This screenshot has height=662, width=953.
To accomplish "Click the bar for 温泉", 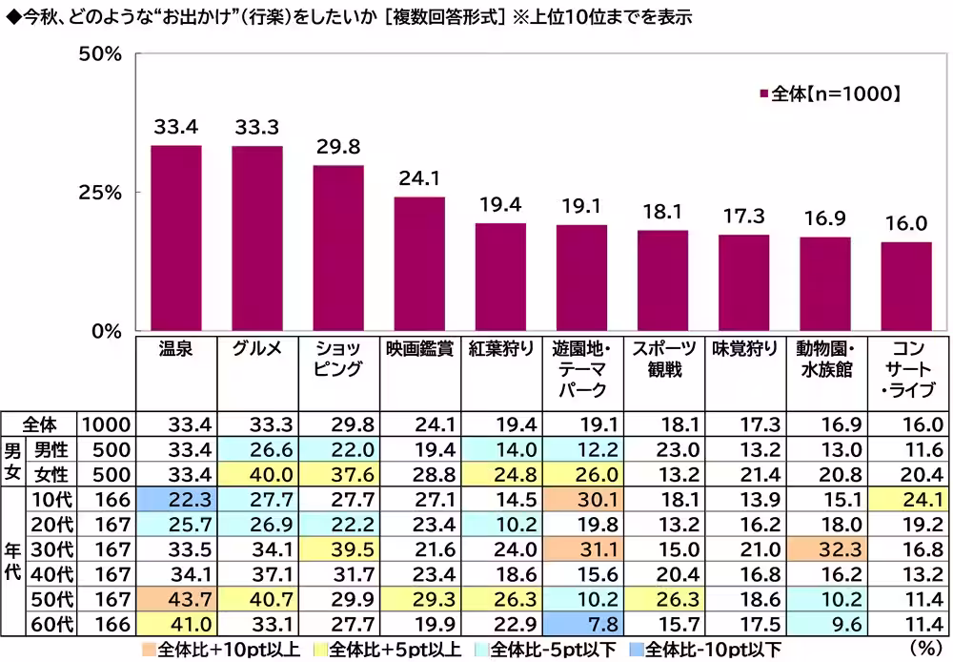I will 175,238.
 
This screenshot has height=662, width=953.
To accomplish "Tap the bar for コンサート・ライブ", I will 905,286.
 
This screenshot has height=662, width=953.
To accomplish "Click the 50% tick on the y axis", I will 100,54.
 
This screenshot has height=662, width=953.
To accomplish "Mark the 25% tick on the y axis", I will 100,193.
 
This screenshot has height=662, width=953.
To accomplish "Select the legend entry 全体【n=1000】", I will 829,93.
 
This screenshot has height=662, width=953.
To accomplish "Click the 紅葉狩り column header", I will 500,349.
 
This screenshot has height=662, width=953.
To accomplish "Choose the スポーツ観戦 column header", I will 662,360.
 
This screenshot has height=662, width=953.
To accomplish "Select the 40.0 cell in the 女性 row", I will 256,474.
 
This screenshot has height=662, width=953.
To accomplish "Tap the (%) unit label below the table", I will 923,649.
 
